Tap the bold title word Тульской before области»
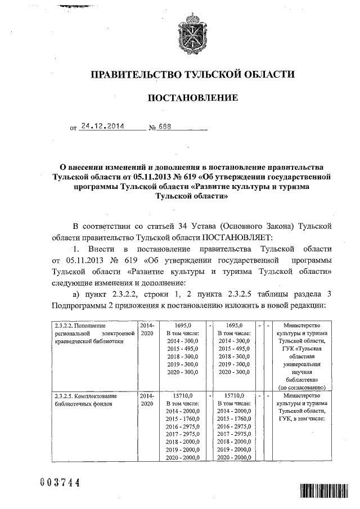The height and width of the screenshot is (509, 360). (175, 197)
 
